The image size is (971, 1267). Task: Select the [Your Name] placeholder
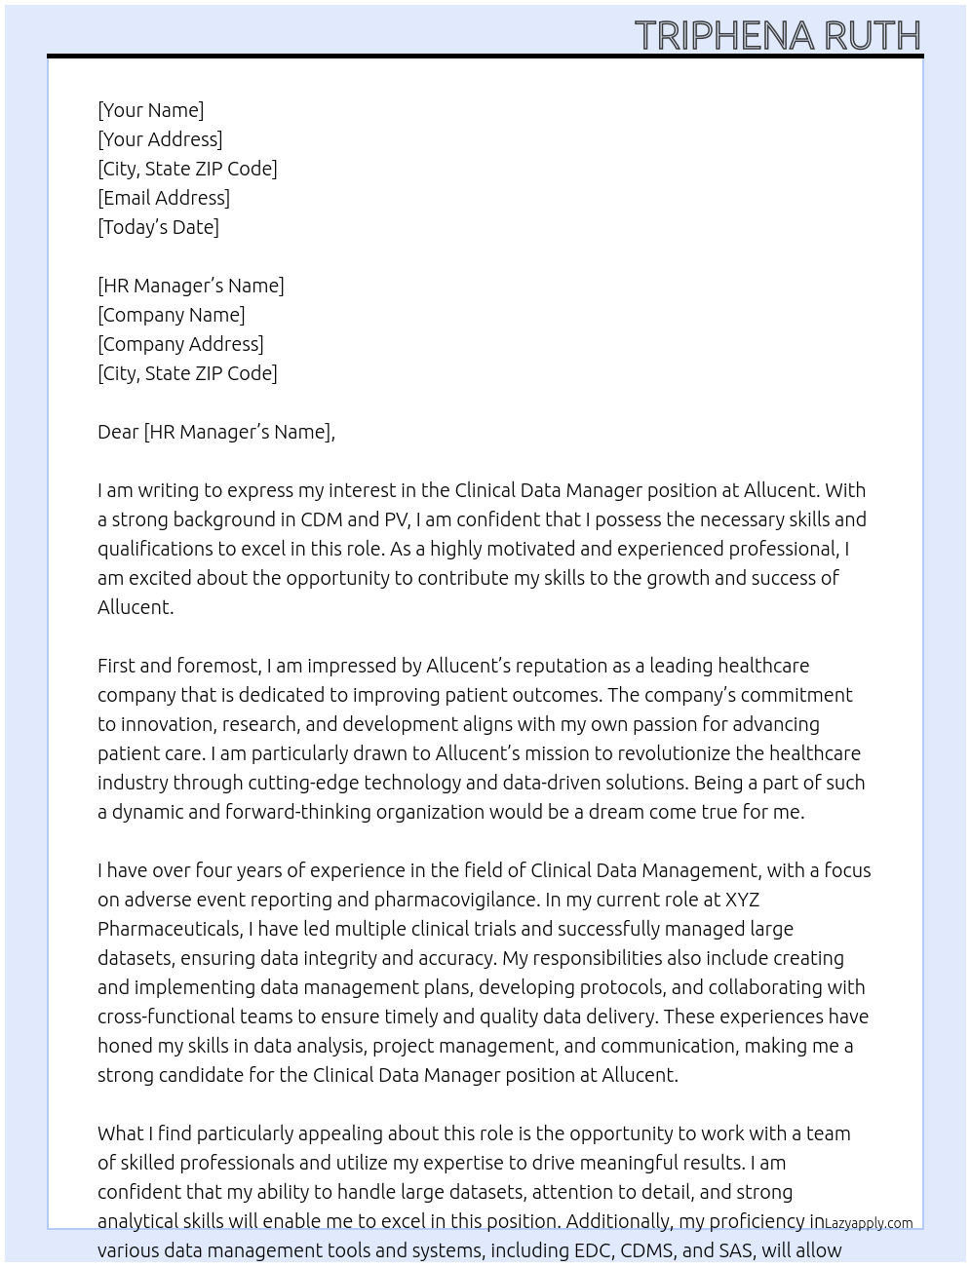[151, 110]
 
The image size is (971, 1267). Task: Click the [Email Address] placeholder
[164, 198]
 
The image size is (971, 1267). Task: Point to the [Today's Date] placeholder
[158, 227]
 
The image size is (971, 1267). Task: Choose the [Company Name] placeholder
[172, 315]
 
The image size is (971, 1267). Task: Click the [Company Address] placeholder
[180, 344]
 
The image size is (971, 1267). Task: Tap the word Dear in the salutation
[118, 432]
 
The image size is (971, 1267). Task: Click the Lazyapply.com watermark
[869, 1223]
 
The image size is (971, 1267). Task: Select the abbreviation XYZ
[742, 900]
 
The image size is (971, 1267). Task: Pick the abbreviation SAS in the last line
[735, 1250]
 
